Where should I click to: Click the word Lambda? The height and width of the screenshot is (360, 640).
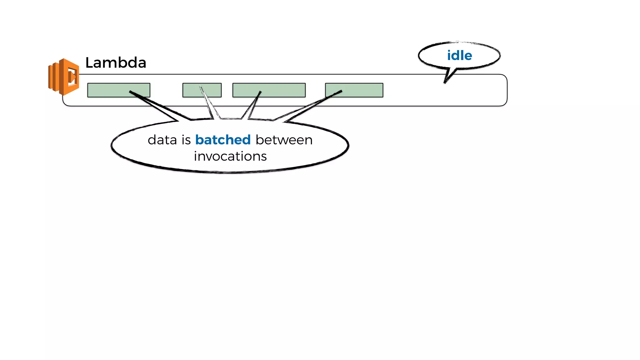(x=116, y=62)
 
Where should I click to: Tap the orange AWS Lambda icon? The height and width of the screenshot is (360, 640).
(x=64, y=77)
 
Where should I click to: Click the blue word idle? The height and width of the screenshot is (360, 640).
(x=459, y=56)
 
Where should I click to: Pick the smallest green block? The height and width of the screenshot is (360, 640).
(x=202, y=90)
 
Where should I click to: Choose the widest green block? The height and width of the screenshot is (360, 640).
(x=269, y=90)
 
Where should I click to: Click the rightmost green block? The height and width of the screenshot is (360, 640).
(x=354, y=90)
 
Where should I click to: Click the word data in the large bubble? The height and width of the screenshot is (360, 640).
(x=162, y=140)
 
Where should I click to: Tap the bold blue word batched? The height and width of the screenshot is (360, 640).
(x=223, y=140)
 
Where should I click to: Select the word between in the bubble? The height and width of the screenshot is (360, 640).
(x=284, y=140)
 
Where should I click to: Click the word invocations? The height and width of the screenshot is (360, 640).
(x=230, y=156)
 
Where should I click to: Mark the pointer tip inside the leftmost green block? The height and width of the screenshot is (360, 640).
(x=130, y=92)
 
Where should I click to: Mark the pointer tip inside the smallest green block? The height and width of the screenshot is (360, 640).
(x=200, y=87)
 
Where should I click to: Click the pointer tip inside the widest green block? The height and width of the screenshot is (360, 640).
(x=260, y=92)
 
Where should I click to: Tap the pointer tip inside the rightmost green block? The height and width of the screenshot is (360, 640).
(x=341, y=91)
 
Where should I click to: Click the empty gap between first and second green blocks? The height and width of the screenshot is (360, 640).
(x=166, y=90)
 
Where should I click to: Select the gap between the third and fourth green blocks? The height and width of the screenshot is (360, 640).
(x=315, y=90)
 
